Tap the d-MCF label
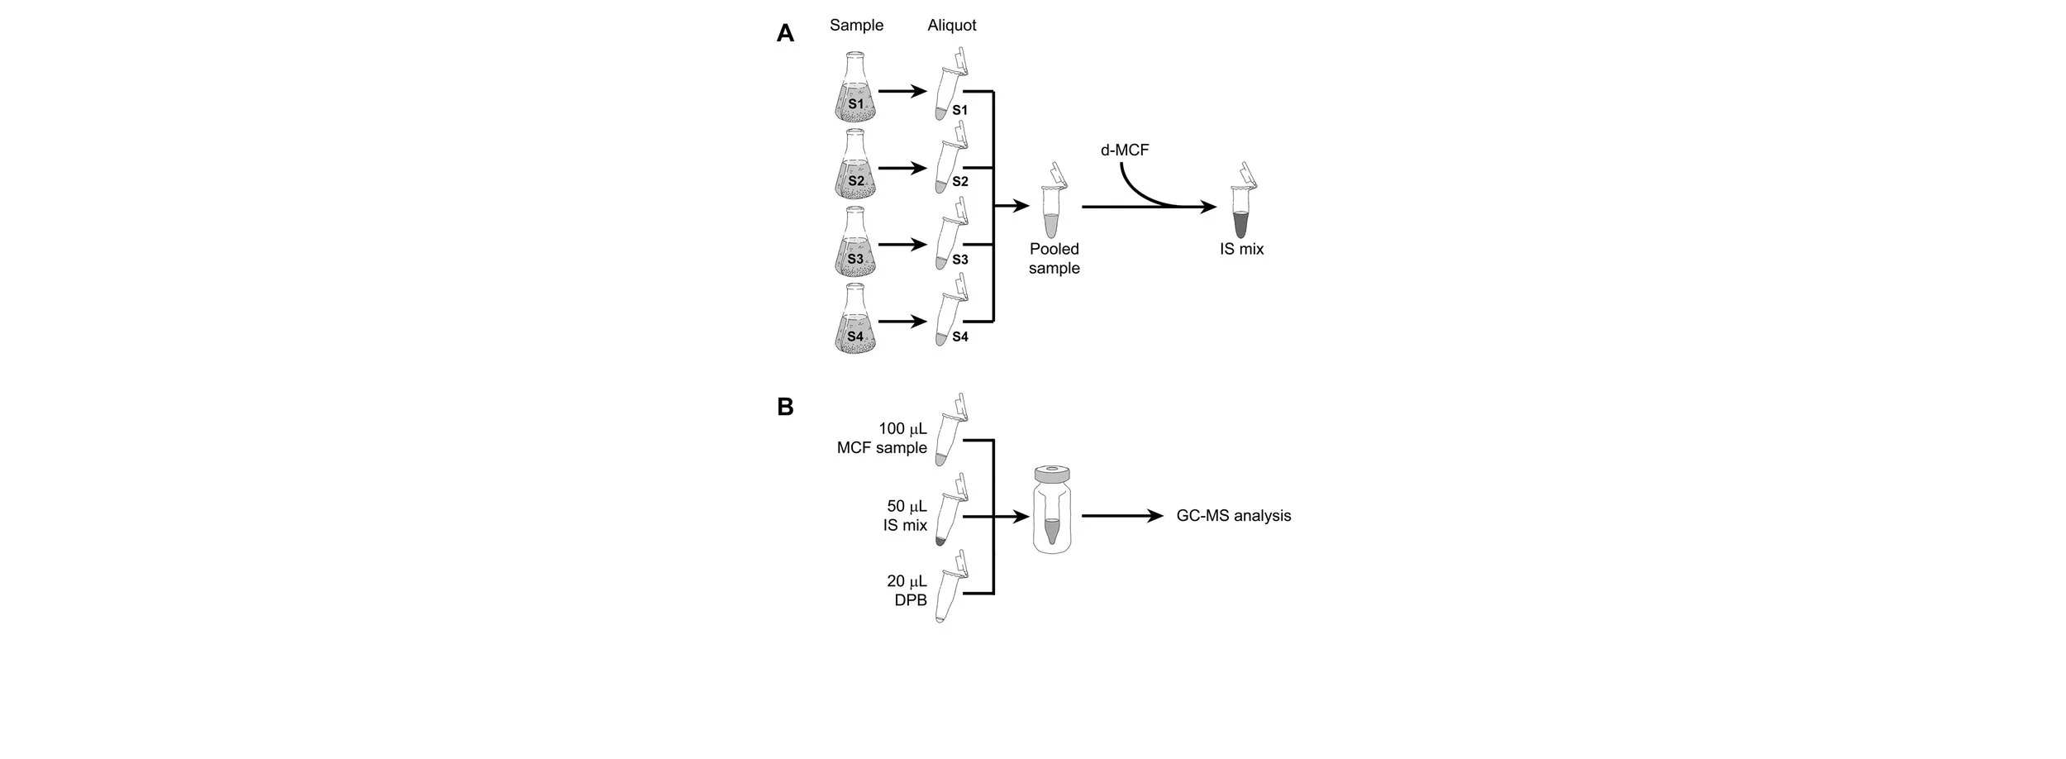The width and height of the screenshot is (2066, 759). pos(1125,150)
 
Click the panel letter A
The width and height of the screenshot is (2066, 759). pos(785,33)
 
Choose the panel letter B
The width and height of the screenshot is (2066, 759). pos(785,407)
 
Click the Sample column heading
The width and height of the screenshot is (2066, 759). pos(856,26)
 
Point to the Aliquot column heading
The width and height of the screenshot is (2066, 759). pos(951,26)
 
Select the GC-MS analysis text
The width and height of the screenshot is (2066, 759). pos(1233,516)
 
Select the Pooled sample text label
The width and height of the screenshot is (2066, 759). pos(1054,258)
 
